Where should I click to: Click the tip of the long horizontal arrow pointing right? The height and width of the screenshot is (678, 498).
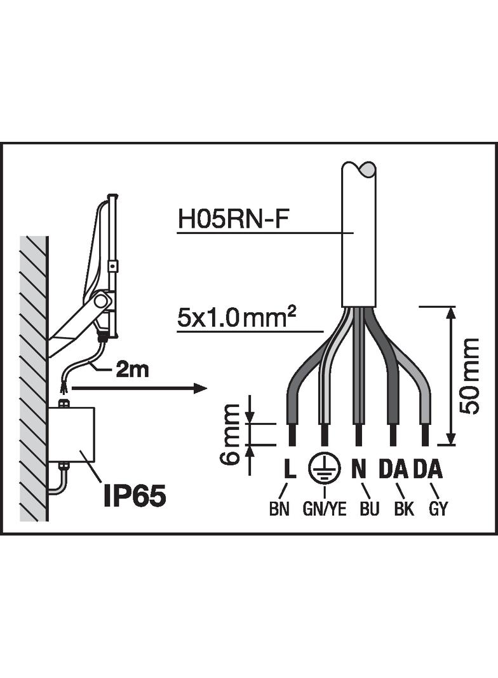(208, 389)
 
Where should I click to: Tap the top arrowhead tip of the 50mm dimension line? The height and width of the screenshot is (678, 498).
(450, 307)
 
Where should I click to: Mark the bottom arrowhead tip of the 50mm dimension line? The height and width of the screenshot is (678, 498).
(450, 444)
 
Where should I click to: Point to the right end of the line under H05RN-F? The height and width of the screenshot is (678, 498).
(354, 233)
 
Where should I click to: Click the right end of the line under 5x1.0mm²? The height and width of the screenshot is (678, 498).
(323, 332)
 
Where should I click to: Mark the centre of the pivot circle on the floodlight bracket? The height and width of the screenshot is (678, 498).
(101, 300)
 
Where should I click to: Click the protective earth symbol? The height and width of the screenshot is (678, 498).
(325, 469)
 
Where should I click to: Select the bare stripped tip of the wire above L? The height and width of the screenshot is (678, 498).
(292, 434)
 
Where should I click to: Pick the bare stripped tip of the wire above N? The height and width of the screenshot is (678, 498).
(358, 434)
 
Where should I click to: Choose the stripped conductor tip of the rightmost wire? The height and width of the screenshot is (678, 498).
(426, 434)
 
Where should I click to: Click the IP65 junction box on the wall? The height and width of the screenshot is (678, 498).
(72, 434)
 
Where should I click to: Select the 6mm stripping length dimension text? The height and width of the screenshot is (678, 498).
(229, 434)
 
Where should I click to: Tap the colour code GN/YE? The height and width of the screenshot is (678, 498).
(325, 509)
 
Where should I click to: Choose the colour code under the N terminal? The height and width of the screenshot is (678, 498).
(369, 509)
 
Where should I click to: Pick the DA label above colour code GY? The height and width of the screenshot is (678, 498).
(427, 469)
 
